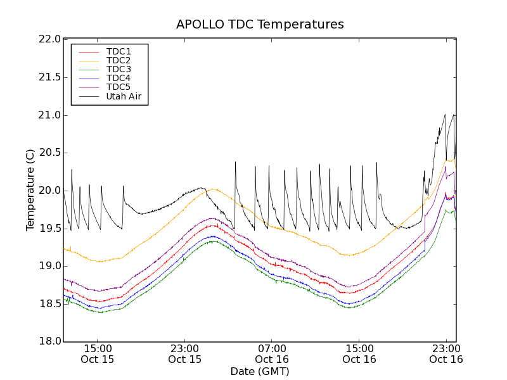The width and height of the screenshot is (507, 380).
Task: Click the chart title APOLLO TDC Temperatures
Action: pos(260,25)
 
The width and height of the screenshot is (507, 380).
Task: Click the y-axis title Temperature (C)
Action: pos(30,190)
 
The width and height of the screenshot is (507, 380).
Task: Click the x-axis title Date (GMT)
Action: pos(260,371)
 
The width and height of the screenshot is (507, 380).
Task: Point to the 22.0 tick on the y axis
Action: pos(49,39)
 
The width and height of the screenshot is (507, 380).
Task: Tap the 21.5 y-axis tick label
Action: pos(49,77)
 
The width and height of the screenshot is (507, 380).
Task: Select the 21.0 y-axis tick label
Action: pos(49,115)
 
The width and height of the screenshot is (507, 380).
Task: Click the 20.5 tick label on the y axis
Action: pos(49,153)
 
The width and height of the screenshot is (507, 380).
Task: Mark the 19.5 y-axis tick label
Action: pos(49,228)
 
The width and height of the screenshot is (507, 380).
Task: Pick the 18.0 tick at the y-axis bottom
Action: pos(49,341)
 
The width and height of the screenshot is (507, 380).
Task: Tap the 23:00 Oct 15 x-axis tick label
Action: pos(184,353)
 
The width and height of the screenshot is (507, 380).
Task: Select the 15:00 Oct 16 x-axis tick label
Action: pos(359,353)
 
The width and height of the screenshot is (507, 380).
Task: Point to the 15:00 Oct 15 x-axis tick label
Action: pos(98,353)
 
